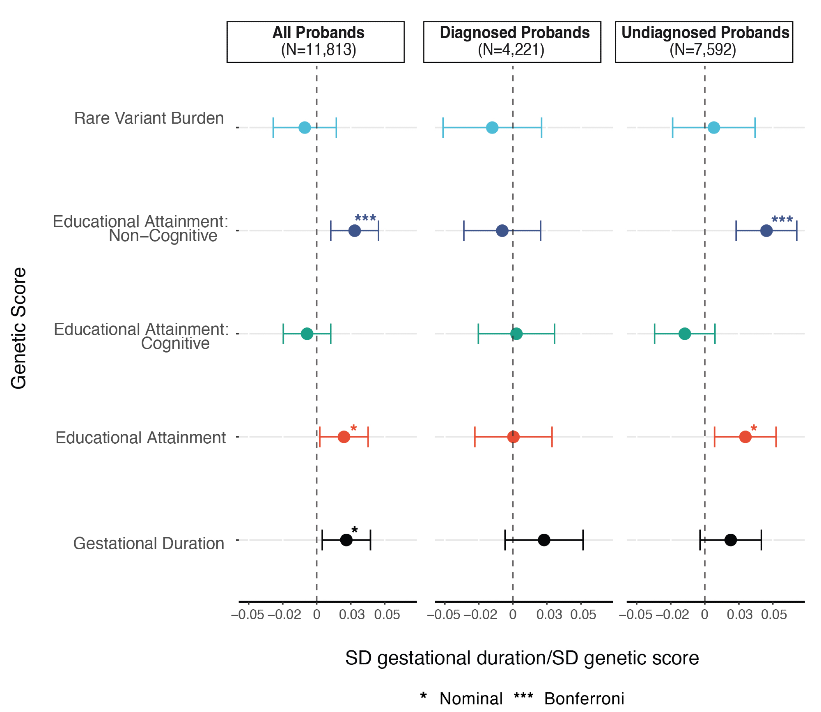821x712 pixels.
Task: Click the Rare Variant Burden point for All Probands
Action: click(x=304, y=127)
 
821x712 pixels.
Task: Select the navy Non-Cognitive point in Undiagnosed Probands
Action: click(x=766, y=230)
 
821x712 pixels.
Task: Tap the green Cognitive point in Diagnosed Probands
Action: click(x=516, y=334)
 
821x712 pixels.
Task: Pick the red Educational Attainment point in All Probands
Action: click(x=344, y=437)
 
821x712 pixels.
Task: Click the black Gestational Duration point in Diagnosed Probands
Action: click(x=544, y=540)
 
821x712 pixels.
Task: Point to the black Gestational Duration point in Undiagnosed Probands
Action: click(x=730, y=540)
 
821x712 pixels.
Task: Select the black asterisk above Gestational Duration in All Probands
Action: click(x=355, y=530)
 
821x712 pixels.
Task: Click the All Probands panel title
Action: click(x=319, y=33)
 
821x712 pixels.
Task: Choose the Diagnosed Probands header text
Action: click(x=515, y=33)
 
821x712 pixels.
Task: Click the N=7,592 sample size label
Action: click(x=703, y=50)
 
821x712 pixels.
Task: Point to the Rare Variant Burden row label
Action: click(x=149, y=118)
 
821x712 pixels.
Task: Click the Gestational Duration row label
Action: click(x=149, y=544)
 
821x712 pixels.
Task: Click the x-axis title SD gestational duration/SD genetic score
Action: click(x=522, y=658)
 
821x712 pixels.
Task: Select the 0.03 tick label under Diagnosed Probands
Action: click(x=549, y=615)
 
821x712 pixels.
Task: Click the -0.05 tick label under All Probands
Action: click(x=248, y=615)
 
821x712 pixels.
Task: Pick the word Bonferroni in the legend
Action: click(x=584, y=698)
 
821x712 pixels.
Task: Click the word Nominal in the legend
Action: click(x=471, y=698)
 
